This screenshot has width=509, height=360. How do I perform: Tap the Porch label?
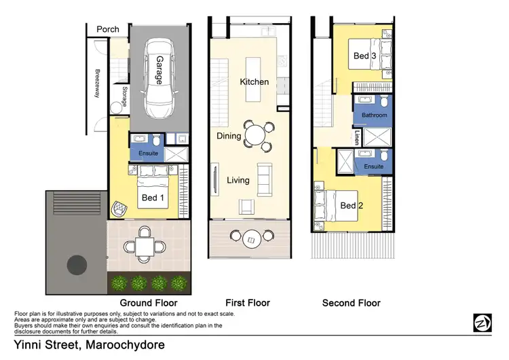(x=107, y=29)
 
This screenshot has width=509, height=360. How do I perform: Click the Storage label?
(x=124, y=96)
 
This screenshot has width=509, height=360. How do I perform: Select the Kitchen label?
(x=254, y=82)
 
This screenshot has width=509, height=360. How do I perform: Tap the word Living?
(x=238, y=181)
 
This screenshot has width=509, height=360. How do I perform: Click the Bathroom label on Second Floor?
(x=374, y=115)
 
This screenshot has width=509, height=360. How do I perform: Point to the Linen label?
(x=356, y=138)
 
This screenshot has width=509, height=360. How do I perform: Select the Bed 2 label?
(x=348, y=206)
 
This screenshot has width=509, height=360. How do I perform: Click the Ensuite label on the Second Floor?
(x=374, y=166)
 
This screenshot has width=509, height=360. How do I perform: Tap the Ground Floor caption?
(x=149, y=303)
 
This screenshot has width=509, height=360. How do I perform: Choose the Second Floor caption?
(x=351, y=303)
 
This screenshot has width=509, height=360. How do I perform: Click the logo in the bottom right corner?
(x=482, y=323)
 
